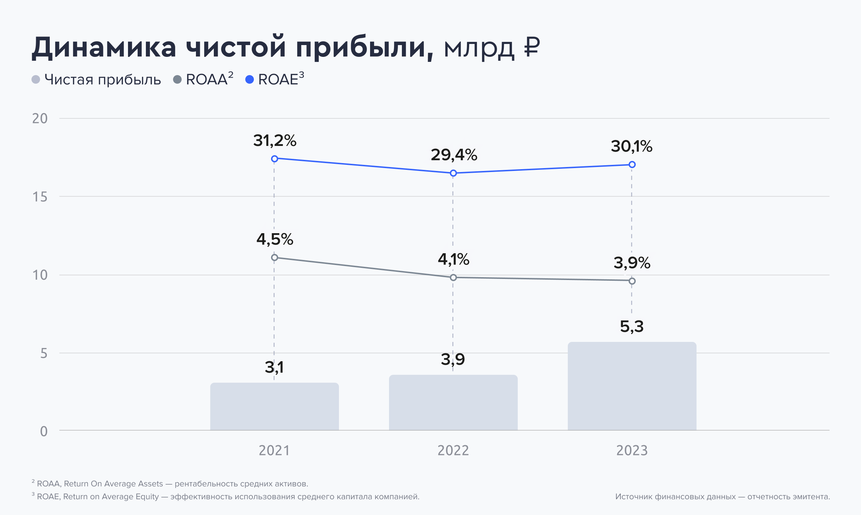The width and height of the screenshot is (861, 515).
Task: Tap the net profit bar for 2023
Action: point(632,386)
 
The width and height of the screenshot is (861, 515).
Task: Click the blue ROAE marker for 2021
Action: point(275,159)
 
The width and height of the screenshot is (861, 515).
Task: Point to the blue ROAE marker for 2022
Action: point(453,173)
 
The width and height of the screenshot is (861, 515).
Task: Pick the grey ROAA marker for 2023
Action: point(632,281)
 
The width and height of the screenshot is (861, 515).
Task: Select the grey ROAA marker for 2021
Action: point(275,257)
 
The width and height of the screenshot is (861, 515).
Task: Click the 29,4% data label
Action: point(454,155)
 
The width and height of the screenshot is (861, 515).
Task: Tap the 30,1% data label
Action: point(631,146)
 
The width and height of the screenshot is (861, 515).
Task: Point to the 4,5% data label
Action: point(275,239)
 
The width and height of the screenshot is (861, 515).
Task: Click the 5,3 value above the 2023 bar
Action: point(631,327)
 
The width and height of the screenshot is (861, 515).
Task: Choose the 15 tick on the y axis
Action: point(40,197)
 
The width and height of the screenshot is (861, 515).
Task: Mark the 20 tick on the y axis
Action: point(40,118)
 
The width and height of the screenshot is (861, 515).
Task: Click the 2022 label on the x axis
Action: point(453,450)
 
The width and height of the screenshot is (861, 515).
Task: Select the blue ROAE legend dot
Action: point(250,79)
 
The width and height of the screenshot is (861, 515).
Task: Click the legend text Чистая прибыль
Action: point(103,79)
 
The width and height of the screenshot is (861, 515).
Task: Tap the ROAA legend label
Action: point(207,79)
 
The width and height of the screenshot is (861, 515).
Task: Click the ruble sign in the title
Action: point(532,48)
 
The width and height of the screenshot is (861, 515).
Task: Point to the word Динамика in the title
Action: point(104,48)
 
